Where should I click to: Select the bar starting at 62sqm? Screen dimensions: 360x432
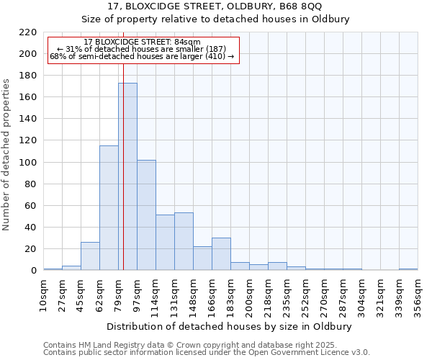(109, 208)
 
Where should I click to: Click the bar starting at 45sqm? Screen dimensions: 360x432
(90, 256)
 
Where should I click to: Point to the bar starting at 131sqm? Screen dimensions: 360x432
(184, 241)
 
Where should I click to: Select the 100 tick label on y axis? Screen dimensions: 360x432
(27, 163)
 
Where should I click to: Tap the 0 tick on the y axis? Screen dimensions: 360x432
(33, 271)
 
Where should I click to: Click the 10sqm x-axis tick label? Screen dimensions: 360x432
(43, 296)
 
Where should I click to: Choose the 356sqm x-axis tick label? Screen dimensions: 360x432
(418, 296)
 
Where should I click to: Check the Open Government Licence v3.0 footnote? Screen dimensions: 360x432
(207, 353)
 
